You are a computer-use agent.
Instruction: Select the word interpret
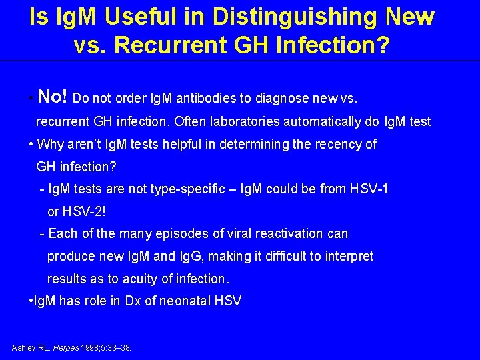click(x=348, y=257)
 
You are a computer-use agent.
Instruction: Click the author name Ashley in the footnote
click(x=23, y=348)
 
